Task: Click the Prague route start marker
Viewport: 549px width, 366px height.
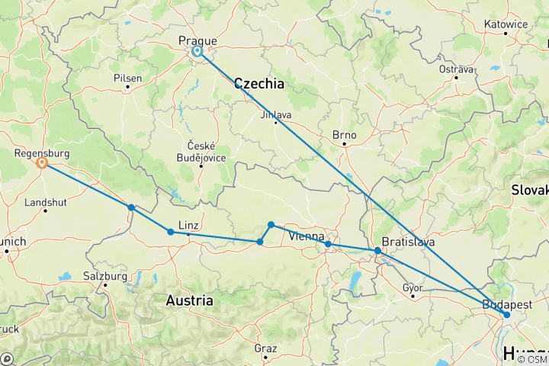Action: [x=197, y=52]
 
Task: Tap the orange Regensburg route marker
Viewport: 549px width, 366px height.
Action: [x=42, y=163]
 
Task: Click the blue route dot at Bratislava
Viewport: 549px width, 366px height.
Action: [x=377, y=251]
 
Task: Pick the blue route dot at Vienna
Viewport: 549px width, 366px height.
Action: [x=328, y=245]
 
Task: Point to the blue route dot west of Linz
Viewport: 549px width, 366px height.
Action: [x=170, y=232]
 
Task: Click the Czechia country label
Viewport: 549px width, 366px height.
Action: [x=259, y=84]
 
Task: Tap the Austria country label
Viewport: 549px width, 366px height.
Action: [x=189, y=301]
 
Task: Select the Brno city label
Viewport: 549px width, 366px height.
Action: [x=345, y=134]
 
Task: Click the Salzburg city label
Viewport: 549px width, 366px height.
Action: [x=105, y=277]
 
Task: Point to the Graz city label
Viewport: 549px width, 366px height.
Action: [x=265, y=348]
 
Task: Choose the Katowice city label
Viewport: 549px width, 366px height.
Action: [x=506, y=24]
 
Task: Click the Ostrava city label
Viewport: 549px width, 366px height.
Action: [x=456, y=69]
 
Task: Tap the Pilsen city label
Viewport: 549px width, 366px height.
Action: [x=127, y=78]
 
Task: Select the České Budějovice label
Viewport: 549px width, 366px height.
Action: [x=201, y=151]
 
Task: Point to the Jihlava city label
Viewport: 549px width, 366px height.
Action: [x=276, y=114]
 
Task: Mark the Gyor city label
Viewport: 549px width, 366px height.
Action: [x=413, y=287]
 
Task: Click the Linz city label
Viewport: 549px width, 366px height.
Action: [x=188, y=225]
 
